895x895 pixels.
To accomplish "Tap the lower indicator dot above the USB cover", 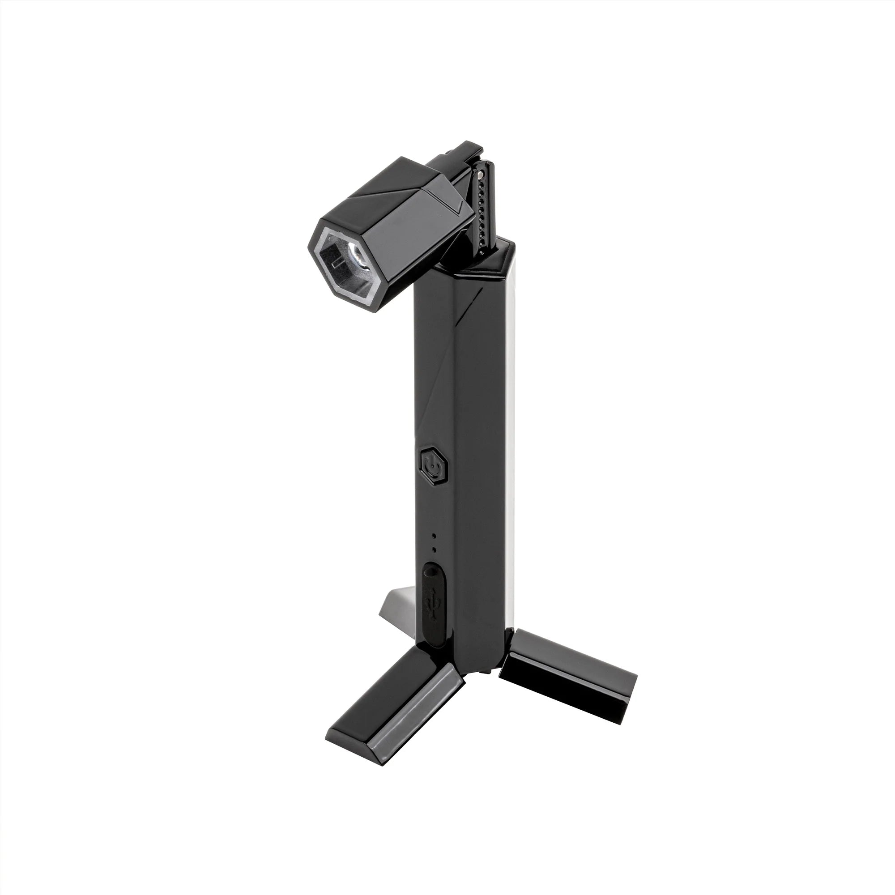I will tap(434, 550).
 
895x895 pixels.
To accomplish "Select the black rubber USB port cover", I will tap(433, 602).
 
